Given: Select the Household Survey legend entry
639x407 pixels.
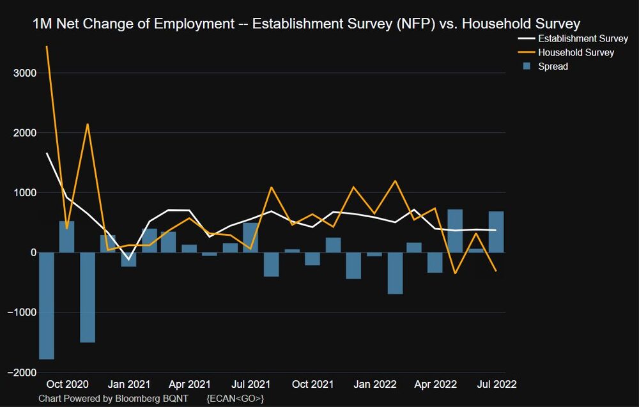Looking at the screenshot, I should click(576, 52).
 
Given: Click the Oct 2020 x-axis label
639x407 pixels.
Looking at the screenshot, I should click(67, 385).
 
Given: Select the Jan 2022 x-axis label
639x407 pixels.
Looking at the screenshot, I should click(375, 385).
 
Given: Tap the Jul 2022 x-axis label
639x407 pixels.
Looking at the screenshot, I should click(497, 385).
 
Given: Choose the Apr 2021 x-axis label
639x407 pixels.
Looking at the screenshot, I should click(190, 385).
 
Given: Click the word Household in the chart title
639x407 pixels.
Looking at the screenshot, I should click(495, 24).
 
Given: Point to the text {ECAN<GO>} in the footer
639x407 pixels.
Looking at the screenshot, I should click(235, 398).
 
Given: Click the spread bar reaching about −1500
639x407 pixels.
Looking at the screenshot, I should click(88, 297).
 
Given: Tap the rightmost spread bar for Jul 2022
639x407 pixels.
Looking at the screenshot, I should click(497, 232).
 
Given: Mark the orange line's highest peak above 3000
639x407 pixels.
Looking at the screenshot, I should click(47, 46).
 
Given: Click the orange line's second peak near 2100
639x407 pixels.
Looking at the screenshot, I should click(88, 124).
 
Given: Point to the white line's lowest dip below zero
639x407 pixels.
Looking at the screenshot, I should click(128, 259).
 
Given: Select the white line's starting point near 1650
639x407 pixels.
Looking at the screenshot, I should click(47, 153).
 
